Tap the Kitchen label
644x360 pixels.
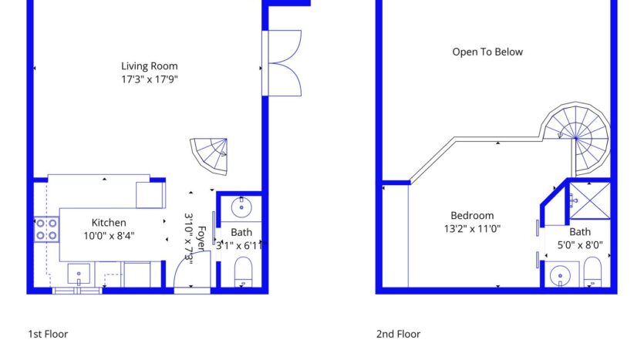(x=109, y=223)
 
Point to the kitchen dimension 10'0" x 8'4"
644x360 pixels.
(x=109, y=236)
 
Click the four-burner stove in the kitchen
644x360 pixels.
(x=46, y=229)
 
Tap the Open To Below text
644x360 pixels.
(x=487, y=52)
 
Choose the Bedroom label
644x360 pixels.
(x=472, y=216)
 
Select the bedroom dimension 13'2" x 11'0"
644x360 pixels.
(x=472, y=229)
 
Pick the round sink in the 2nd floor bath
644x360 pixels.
(x=560, y=274)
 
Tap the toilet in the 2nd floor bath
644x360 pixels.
(x=592, y=271)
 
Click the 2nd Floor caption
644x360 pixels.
(x=398, y=335)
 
